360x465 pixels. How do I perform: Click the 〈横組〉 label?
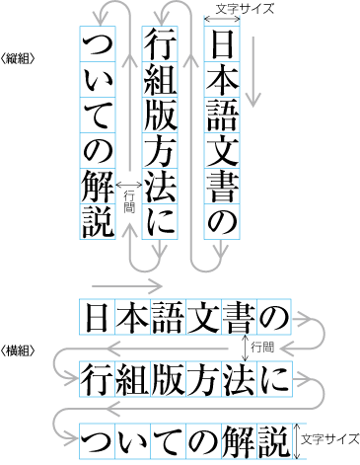[20, 349]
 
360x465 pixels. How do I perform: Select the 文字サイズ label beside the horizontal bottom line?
[329, 437]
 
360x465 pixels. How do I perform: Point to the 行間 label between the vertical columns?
[128, 196]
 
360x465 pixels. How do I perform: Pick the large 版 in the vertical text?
[162, 115]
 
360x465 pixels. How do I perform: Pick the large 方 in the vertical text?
[162, 150]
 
